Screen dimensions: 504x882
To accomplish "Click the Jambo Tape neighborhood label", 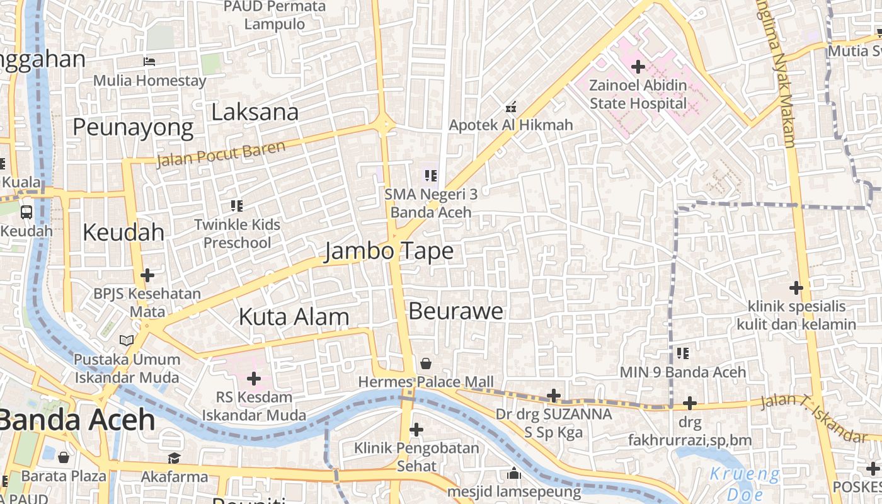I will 389,251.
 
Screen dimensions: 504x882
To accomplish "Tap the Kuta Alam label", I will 294,317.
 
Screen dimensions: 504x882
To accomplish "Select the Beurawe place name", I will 456,311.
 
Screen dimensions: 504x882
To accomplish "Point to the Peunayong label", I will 133,128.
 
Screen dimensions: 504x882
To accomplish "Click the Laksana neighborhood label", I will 255,113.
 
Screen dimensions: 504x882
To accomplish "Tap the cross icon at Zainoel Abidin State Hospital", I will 638,66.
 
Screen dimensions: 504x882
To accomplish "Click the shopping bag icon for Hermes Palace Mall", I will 426,364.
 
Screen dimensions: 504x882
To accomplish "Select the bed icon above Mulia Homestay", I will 149,62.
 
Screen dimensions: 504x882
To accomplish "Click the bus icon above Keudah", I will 26,212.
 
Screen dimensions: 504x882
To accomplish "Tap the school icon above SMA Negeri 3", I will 431,176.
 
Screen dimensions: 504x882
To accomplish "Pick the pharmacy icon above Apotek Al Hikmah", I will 511,107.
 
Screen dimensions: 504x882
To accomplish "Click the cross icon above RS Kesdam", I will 254,379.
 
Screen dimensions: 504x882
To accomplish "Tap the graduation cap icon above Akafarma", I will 174,458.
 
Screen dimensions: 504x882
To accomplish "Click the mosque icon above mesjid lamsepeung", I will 514,473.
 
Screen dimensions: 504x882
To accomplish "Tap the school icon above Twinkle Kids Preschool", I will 237,205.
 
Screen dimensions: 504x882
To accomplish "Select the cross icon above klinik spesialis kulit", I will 796,288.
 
